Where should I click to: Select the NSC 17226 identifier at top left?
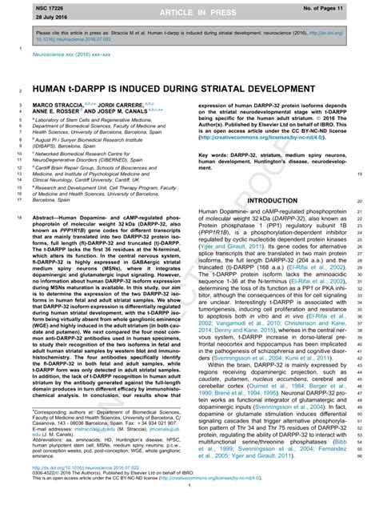point(27,6)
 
